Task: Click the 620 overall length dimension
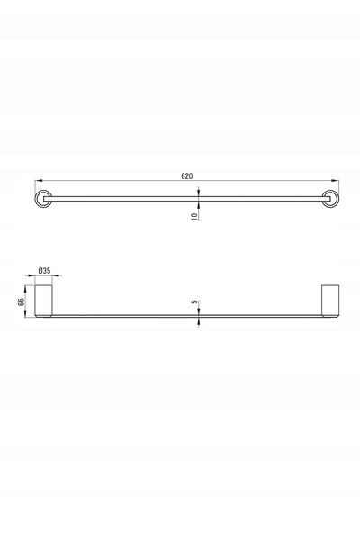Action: [187, 176]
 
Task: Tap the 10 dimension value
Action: [194, 217]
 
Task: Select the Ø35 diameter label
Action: [44, 270]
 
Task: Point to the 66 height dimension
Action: [21, 301]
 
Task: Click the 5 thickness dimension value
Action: [194, 302]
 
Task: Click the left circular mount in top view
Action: [43, 199]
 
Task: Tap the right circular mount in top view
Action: [330, 199]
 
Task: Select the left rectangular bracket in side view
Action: [43, 301]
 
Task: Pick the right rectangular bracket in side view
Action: [330, 301]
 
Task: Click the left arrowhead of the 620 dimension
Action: [39, 180]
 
